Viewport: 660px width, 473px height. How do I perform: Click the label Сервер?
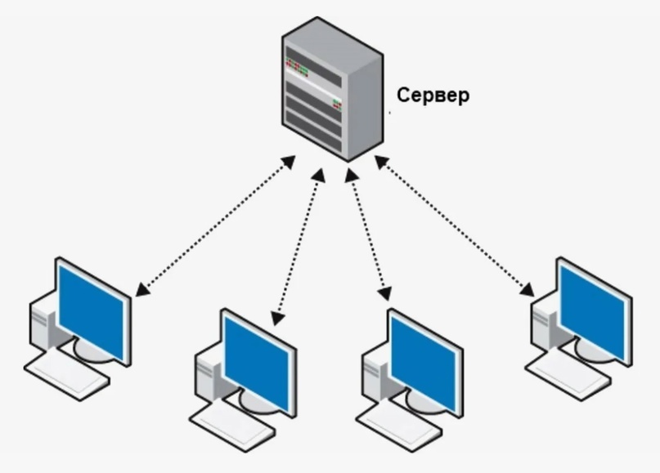pyautogui.click(x=433, y=96)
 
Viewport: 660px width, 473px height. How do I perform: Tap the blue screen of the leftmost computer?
pyautogui.click(x=92, y=313)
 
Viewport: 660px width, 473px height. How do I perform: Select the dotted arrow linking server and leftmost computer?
pyautogui.click(x=215, y=226)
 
